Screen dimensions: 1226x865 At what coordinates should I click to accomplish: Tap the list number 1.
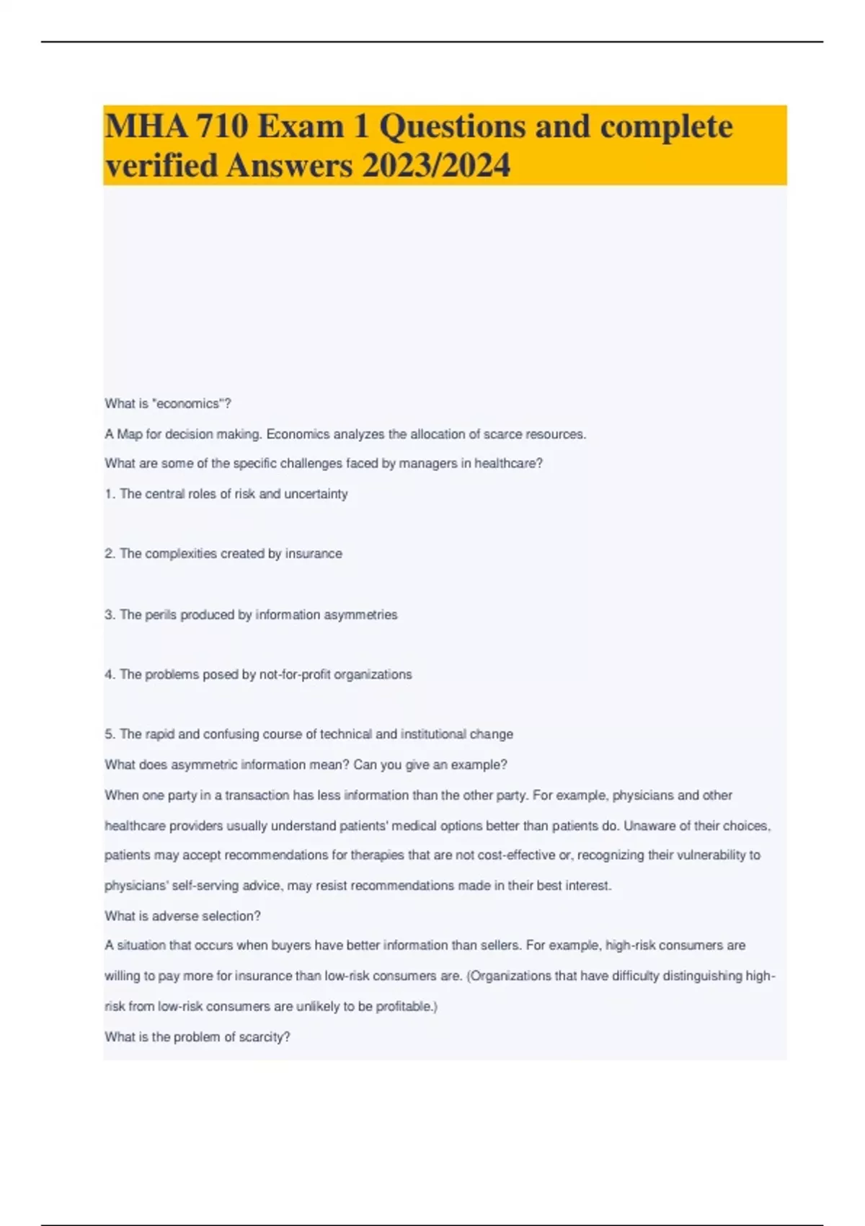109,494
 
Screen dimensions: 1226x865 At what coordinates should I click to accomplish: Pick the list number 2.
109,554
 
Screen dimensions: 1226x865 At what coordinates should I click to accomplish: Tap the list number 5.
109,734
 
